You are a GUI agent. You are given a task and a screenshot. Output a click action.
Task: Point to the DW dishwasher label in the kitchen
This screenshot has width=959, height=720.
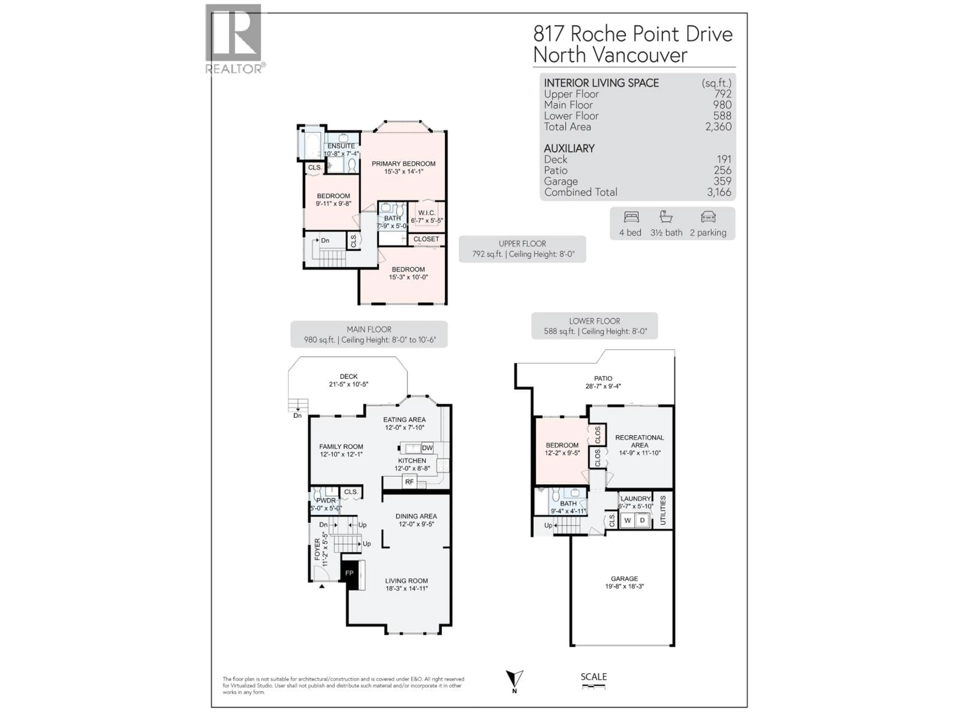(x=427, y=448)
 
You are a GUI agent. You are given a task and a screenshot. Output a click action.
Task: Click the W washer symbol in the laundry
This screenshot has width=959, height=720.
(x=627, y=520)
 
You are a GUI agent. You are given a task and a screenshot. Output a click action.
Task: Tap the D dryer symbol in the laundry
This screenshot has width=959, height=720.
(x=643, y=520)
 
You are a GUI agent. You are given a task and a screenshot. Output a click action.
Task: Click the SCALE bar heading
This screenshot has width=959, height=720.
(x=594, y=676)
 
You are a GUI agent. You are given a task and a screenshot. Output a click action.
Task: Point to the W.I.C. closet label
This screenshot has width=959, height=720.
(x=427, y=213)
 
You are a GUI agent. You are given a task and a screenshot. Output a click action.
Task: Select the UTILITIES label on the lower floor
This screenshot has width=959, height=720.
(x=663, y=511)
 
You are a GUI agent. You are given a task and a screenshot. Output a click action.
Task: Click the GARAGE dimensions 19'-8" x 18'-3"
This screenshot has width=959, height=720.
(x=624, y=586)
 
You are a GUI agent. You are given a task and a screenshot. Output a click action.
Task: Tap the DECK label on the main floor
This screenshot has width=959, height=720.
(x=349, y=376)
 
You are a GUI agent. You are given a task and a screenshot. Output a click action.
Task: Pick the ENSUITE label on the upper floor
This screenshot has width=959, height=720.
(x=341, y=146)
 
